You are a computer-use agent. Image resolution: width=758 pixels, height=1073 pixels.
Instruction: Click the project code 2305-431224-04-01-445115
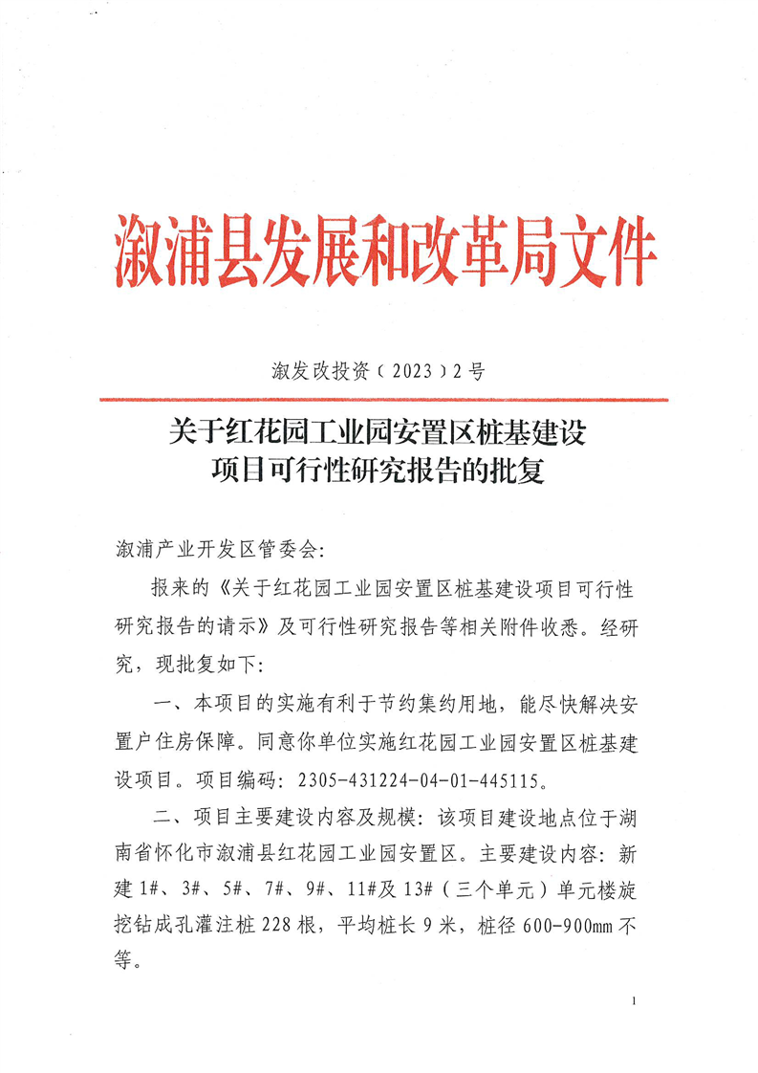(x=417, y=778)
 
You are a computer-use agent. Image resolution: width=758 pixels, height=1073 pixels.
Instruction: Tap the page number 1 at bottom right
(x=635, y=1000)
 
